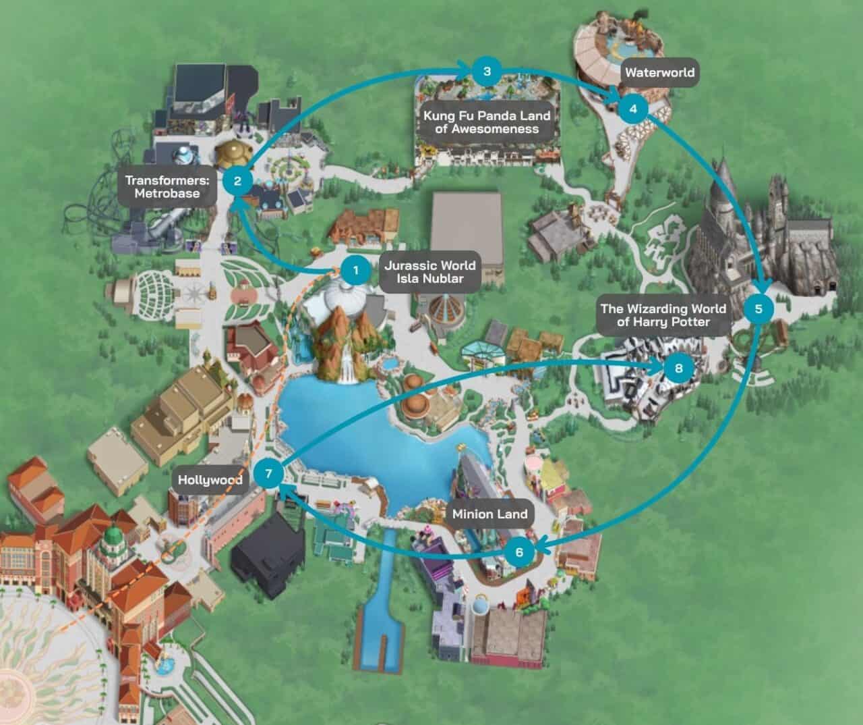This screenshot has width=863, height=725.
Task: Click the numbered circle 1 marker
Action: [x=355, y=271]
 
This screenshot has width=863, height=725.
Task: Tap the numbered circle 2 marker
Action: [x=237, y=180]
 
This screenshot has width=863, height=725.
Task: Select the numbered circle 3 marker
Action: [x=487, y=71]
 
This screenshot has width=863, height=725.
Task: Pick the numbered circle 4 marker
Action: [x=632, y=109]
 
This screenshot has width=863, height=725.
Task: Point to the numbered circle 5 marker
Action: [x=758, y=308]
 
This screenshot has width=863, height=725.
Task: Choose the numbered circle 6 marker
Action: [x=519, y=552]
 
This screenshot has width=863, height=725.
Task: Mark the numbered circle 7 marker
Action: [x=268, y=473]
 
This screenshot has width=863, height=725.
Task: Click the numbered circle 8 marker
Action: [x=678, y=368]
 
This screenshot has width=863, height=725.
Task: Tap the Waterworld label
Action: [x=659, y=73]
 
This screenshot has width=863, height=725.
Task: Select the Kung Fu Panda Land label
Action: [x=487, y=122]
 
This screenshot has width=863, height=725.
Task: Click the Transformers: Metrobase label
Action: [x=167, y=187]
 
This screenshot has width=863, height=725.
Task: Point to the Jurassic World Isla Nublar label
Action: [x=429, y=271]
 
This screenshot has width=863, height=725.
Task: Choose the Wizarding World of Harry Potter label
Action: [x=663, y=315]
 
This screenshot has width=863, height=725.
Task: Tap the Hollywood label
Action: [x=210, y=480]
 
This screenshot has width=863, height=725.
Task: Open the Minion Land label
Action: [x=489, y=514]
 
